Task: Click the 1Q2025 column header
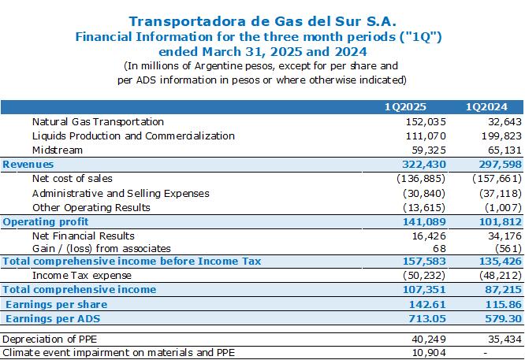[405, 107]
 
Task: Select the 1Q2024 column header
[486, 107]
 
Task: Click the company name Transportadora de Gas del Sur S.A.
[262, 21]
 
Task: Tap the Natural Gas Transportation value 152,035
[426, 122]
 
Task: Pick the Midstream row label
[58, 150]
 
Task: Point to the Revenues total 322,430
[424, 165]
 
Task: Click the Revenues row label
[28, 165]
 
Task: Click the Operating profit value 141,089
[424, 222]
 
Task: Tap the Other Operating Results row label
[91, 208]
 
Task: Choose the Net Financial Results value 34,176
[505, 236]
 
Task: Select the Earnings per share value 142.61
[427, 304]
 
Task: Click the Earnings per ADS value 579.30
[503, 318]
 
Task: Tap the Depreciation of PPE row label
[50, 340]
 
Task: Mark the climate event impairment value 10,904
[429, 353]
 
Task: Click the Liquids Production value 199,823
[501, 136]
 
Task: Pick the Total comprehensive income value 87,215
[503, 290]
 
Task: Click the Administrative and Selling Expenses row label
[121, 193]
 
